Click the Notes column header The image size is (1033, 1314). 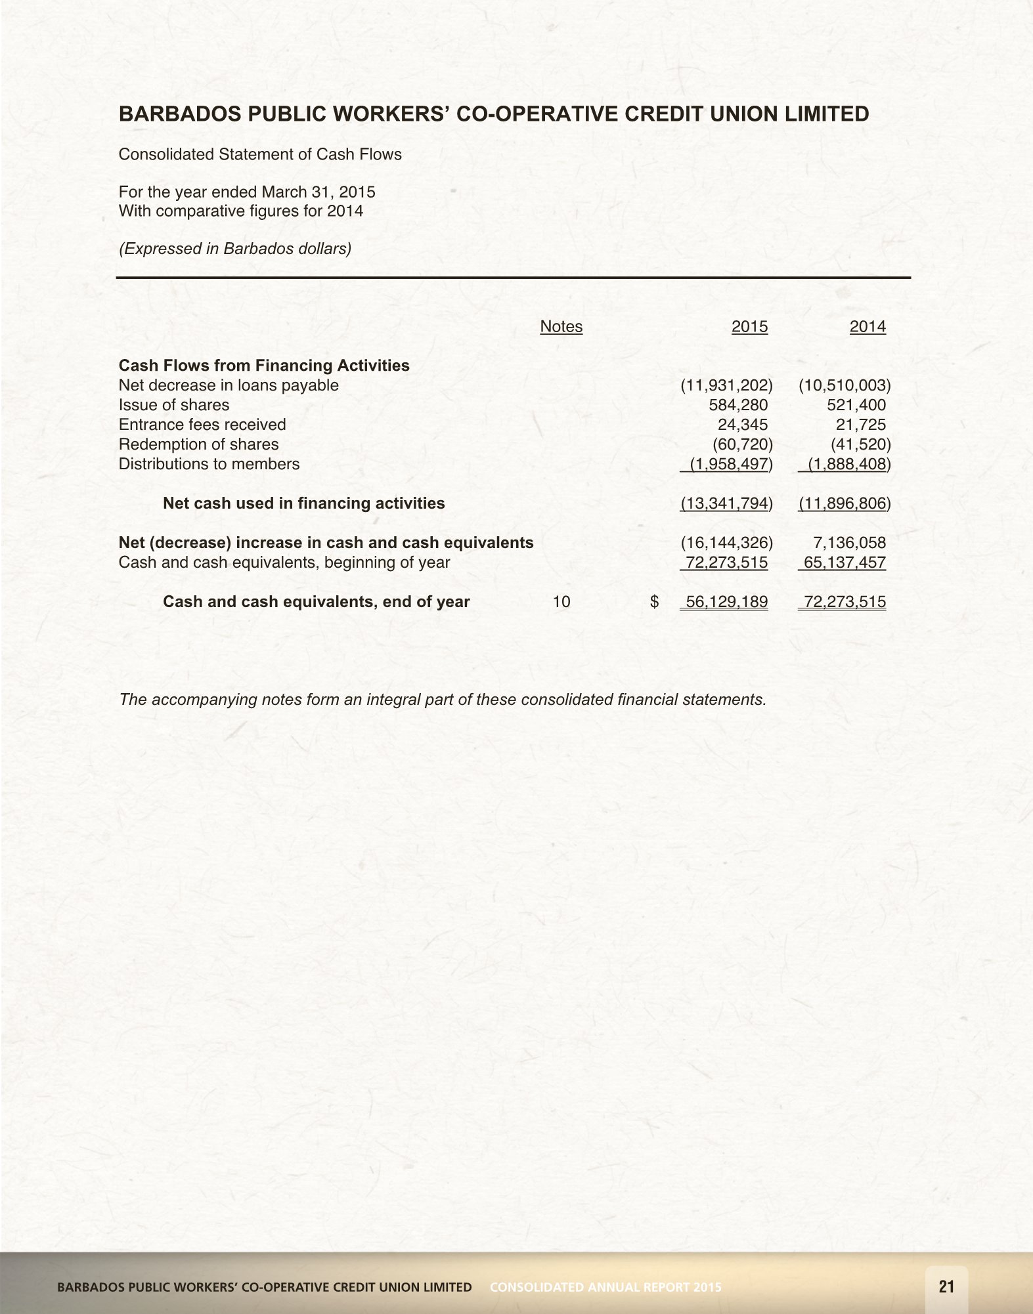pyautogui.click(x=561, y=327)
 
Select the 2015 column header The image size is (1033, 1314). pyautogui.click(x=749, y=327)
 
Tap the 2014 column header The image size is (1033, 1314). pyautogui.click(x=868, y=327)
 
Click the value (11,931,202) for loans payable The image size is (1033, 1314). pyautogui.click(x=726, y=385)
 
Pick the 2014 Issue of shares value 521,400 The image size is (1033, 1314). pyautogui.click(x=856, y=405)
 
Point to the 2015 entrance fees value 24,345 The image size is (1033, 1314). pyautogui.click(x=743, y=425)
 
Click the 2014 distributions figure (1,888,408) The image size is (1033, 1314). pyautogui.click(x=847, y=464)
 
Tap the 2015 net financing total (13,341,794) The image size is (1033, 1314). pyautogui.click(x=726, y=503)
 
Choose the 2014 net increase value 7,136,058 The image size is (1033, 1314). pyautogui.click(x=849, y=543)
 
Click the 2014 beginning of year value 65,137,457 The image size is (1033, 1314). pyautogui.click(x=845, y=562)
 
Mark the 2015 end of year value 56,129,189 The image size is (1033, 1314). pyautogui.click(x=726, y=602)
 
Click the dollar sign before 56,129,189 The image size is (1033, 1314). pyautogui.click(x=654, y=602)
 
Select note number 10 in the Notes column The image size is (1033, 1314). pyautogui.click(x=561, y=602)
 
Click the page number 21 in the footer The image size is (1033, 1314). pyautogui.click(x=946, y=1286)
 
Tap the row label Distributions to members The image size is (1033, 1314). pyautogui.click(x=209, y=464)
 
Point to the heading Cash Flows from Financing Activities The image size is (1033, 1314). pyautogui.click(x=264, y=366)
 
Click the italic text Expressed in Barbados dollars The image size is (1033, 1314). pyautogui.click(x=235, y=249)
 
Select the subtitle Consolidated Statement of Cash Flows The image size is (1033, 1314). pyautogui.click(x=260, y=154)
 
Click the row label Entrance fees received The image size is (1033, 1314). pyautogui.click(x=202, y=425)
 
